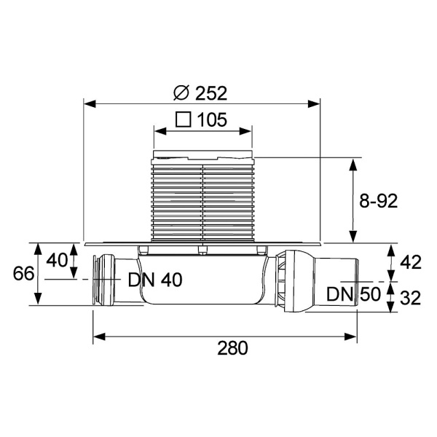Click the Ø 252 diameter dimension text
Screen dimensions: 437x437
point(202,92)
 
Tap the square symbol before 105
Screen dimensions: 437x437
point(184,119)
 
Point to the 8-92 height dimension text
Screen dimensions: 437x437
point(378,202)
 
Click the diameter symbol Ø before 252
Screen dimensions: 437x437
point(182,92)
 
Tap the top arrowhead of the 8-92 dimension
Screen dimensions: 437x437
point(354,163)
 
